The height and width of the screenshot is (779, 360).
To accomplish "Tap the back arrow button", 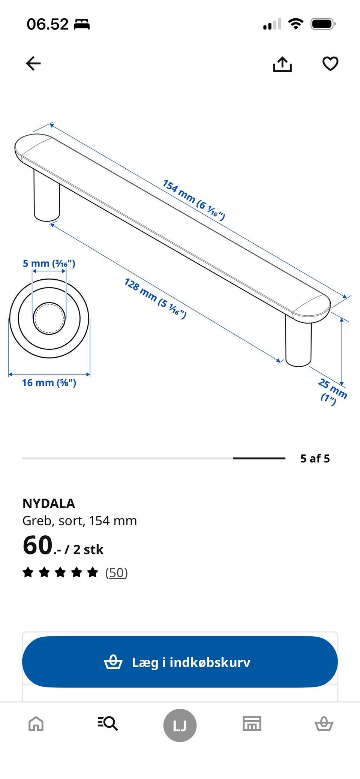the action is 33,63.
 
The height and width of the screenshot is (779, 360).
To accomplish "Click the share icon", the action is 282,64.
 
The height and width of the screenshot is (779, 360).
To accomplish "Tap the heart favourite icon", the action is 330,64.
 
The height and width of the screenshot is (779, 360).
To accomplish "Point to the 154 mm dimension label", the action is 194,200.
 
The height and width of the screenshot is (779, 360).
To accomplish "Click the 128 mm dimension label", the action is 155,298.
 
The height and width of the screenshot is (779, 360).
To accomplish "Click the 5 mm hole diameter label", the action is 49,264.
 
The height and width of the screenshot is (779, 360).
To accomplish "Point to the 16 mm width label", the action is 49,383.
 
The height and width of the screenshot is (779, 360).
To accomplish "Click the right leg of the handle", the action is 298,341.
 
